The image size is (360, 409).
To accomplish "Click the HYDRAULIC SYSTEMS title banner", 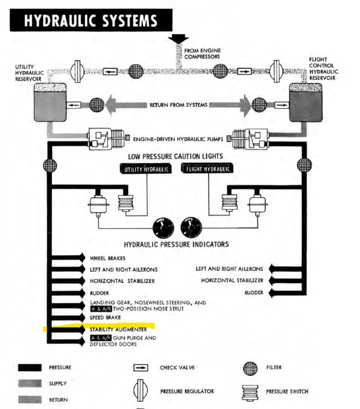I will [91, 20].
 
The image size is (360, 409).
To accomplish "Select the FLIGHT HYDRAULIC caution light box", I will [207, 169].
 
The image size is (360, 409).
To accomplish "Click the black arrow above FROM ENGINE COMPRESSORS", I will [178, 40].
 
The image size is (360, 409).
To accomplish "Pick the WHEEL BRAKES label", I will [108, 258].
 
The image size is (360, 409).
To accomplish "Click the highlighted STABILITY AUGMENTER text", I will [118, 329].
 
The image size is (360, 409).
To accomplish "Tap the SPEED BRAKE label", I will [105, 317].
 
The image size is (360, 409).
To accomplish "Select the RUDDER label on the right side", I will [254, 293].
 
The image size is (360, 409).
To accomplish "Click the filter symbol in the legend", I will [250, 368].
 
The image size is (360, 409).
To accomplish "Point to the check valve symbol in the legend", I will [141, 368].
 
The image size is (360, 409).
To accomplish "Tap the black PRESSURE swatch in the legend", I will [30, 368].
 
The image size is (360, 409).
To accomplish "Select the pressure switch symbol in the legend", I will [250, 391].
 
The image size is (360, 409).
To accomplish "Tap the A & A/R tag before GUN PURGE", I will [101, 338].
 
